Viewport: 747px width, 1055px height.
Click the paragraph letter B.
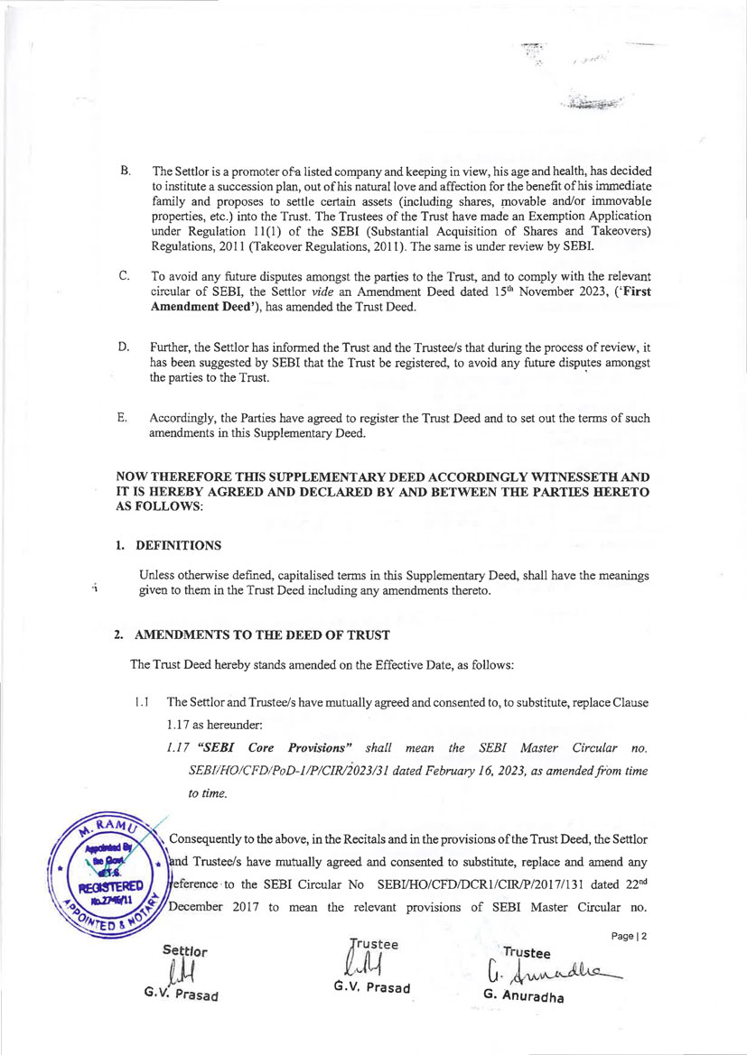(125, 171)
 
